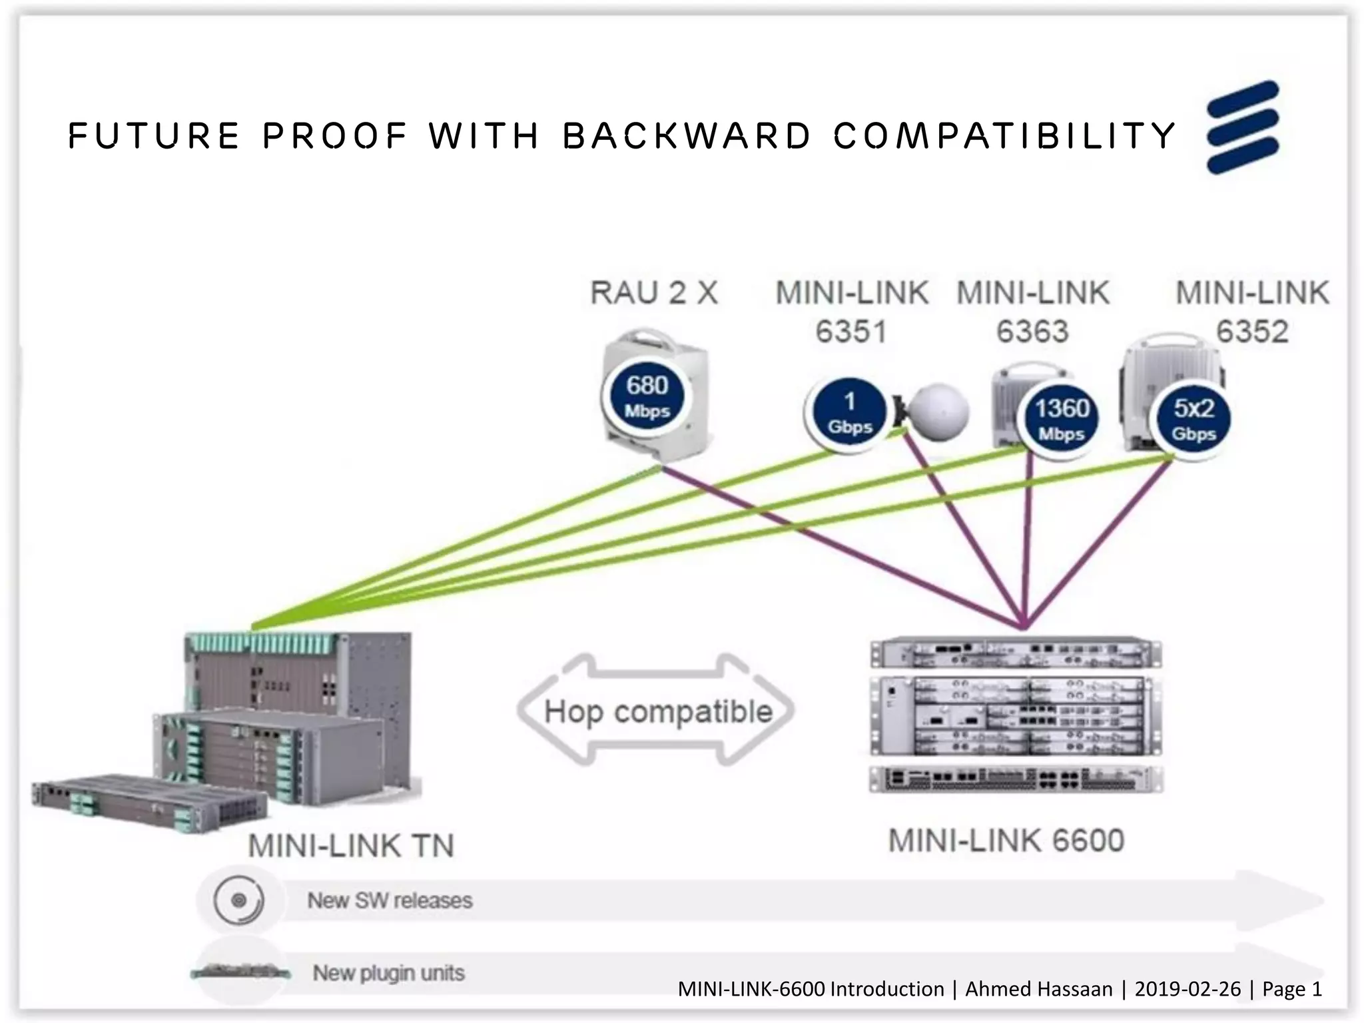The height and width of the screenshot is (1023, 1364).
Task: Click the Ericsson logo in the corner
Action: click(1243, 127)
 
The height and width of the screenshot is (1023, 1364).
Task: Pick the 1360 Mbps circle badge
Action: click(1061, 419)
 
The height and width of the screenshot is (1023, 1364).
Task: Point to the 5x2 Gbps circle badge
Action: click(1193, 419)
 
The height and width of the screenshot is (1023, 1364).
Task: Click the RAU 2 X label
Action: click(654, 293)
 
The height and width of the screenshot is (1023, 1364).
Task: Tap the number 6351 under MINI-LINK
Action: click(851, 332)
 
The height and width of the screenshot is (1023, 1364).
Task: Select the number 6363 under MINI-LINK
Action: click(1032, 332)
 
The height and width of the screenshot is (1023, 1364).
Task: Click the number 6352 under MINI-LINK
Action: click(1252, 332)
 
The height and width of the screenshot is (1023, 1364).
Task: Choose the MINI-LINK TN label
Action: click(351, 846)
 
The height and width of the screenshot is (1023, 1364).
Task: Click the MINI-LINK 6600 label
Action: click(1006, 841)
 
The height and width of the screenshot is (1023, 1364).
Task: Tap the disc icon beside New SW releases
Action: click(238, 901)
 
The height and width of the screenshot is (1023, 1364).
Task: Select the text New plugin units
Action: click(388, 973)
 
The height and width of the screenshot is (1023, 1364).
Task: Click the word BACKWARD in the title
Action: click(687, 136)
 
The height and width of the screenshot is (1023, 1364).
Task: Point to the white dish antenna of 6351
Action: click(939, 412)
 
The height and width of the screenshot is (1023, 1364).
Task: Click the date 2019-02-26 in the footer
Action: click(1188, 989)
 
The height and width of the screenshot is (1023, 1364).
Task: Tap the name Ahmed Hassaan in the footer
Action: click(1038, 989)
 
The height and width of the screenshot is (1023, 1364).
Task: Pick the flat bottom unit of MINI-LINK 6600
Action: click(1015, 779)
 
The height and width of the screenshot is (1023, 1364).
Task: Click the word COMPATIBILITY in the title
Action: click(1004, 136)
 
